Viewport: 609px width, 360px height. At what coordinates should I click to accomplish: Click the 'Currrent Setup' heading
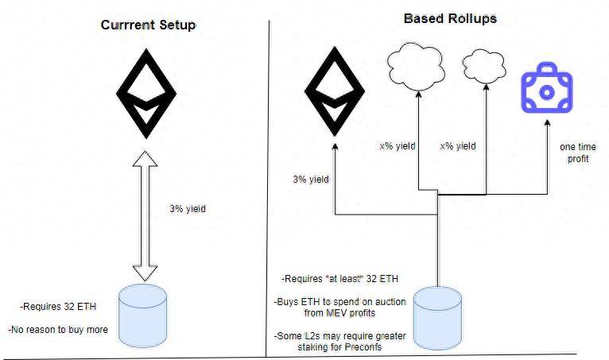coord(148,25)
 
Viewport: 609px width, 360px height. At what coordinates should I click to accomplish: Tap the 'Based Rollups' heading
coord(449,18)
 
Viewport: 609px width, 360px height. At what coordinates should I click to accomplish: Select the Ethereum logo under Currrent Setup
coord(145,94)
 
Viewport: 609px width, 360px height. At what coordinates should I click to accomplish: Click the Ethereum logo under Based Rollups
coord(336,93)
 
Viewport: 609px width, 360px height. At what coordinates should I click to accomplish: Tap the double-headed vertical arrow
coord(145,217)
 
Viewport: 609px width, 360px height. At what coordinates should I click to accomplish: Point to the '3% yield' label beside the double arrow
coord(188,209)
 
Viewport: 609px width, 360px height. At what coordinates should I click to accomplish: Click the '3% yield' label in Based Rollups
coord(311,180)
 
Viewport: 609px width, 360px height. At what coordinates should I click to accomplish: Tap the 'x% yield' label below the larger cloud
coord(397,146)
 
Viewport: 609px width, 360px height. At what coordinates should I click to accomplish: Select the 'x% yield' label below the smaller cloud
coord(458,146)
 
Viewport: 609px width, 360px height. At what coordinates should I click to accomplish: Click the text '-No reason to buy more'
coord(58,328)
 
